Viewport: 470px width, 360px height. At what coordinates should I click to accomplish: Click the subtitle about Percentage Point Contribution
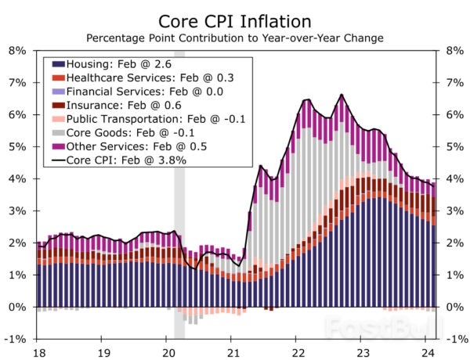point(235,37)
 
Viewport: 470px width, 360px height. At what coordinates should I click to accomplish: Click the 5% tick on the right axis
point(454,146)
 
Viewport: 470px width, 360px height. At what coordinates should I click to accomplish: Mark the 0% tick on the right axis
point(454,307)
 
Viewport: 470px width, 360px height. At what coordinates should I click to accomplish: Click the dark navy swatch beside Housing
point(58,64)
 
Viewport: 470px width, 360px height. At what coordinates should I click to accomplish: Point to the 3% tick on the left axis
point(17,211)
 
